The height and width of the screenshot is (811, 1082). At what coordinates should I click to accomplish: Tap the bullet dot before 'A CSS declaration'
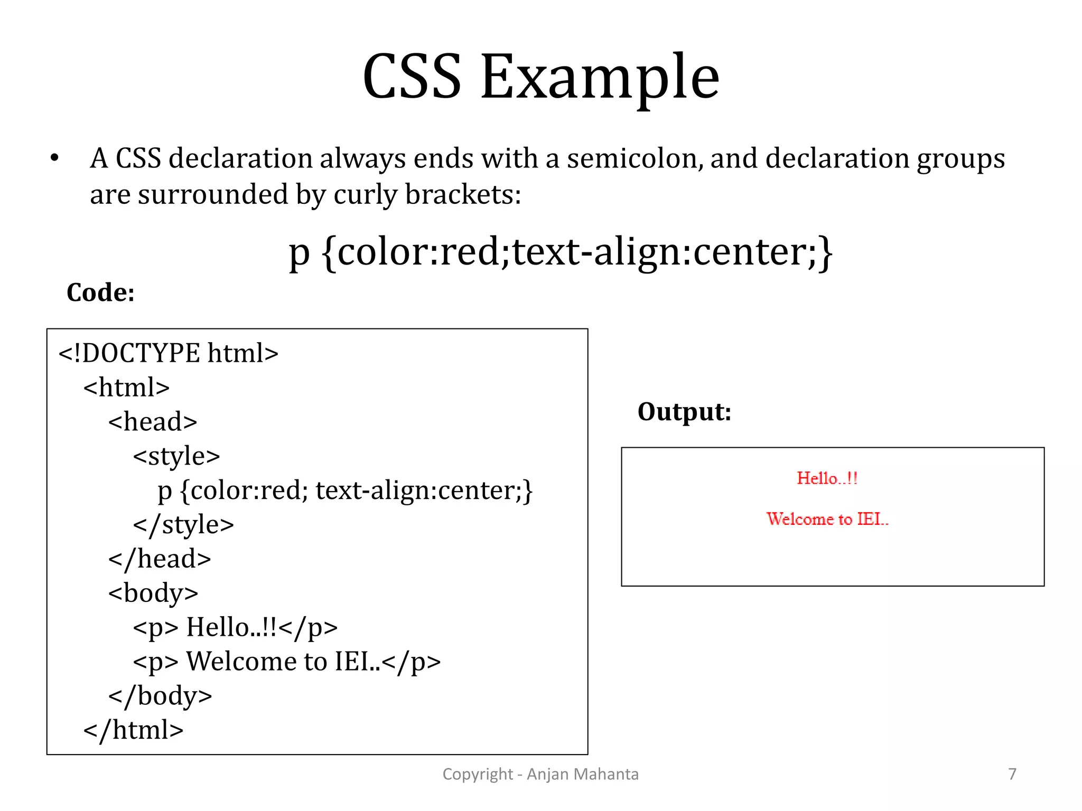[x=54, y=158]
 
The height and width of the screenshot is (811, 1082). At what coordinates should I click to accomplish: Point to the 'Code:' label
[x=100, y=293]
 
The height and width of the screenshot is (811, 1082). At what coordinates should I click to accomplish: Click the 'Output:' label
[x=684, y=412]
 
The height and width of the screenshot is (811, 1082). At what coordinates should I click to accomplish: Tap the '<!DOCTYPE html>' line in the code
[x=168, y=353]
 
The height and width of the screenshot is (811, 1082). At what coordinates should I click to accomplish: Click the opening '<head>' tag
[x=153, y=422]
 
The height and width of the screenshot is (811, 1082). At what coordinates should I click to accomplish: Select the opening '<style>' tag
[x=176, y=456]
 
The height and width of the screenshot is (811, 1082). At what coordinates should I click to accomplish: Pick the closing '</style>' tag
[x=183, y=525]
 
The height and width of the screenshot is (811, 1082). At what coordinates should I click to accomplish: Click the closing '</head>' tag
[x=160, y=559]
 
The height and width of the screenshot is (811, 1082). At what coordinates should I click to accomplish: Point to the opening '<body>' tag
[x=153, y=593]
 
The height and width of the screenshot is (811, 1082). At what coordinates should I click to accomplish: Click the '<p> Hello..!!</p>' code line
[x=235, y=628]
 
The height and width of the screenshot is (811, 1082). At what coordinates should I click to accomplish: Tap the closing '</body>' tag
[x=160, y=696]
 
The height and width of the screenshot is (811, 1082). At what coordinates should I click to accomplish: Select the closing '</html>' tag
[x=133, y=730]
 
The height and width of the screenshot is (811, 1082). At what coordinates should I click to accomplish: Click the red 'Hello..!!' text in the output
[x=827, y=478]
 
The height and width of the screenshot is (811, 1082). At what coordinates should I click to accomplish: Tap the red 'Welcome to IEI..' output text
[x=827, y=519]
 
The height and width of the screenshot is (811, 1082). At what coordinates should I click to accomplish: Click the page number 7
[x=1012, y=774]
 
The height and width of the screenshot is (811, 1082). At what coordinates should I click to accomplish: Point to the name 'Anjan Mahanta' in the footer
[x=583, y=774]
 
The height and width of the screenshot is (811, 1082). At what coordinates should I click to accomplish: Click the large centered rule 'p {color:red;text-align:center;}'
[x=561, y=252]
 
